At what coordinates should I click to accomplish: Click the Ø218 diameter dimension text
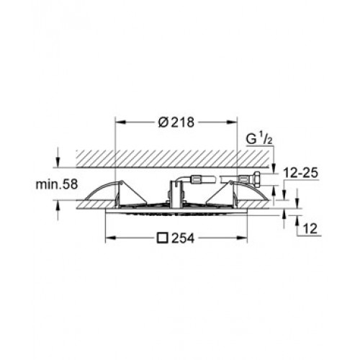point(176,122)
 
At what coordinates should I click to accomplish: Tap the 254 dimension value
point(183,238)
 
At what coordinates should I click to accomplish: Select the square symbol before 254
point(162,238)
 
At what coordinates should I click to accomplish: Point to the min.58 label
point(57,184)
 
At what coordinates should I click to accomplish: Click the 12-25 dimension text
point(301,173)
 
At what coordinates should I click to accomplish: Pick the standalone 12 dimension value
point(310,229)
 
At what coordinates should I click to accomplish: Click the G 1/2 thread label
point(259,139)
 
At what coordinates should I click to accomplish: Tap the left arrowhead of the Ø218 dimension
point(121,122)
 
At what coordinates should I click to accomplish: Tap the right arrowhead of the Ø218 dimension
point(232,122)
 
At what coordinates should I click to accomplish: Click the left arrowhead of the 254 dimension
point(111,238)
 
